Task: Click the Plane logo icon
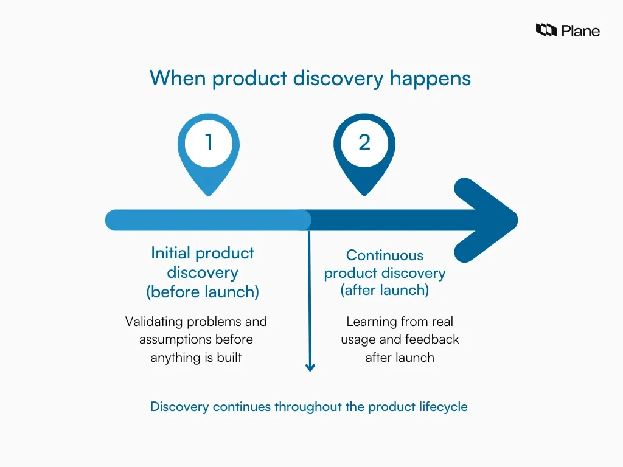coord(546,30)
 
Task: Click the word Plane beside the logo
coord(580,31)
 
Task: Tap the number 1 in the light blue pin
coord(209,142)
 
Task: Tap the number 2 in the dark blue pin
coord(364,142)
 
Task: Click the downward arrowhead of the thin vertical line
coord(310,367)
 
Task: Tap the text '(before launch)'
coord(203,292)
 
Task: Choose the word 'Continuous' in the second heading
coord(385,255)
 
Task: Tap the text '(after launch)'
coord(385,291)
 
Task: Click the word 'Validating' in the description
coord(153,321)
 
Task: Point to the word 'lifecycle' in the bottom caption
coord(442,407)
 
